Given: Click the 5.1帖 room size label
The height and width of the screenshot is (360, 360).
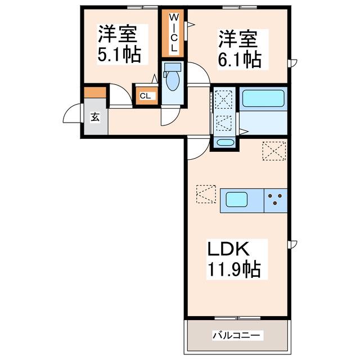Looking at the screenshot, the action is (x=119, y=55).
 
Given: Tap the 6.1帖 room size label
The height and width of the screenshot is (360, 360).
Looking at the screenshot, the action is (x=240, y=60).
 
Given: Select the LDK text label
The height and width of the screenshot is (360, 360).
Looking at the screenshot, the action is (x=228, y=249).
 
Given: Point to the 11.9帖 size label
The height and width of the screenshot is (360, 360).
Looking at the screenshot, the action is (x=234, y=269).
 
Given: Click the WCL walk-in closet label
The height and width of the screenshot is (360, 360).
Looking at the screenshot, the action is (x=174, y=33).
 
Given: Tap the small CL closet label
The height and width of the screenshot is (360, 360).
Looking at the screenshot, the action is (x=145, y=96).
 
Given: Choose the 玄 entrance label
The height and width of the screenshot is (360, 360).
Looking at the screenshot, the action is (x=95, y=118).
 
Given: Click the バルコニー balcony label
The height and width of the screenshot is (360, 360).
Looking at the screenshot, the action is (x=236, y=335).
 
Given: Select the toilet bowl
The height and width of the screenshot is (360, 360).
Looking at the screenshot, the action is (x=173, y=80).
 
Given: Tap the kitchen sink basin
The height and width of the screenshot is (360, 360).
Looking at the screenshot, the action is (x=237, y=199).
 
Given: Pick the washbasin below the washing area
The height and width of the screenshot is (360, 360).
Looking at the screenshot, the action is (x=225, y=142).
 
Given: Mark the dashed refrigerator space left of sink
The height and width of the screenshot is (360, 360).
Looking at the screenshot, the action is (x=206, y=194).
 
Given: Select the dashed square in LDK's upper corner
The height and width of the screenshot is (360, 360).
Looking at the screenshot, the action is (x=274, y=151).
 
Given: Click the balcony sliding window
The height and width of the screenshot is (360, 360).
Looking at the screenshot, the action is (x=237, y=318).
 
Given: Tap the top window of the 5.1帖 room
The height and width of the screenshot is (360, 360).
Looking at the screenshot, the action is (x=142, y=7).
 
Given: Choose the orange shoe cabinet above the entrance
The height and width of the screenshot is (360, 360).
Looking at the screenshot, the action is (x=95, y=92).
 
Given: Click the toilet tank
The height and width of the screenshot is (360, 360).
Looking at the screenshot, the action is (x=173, y=67).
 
